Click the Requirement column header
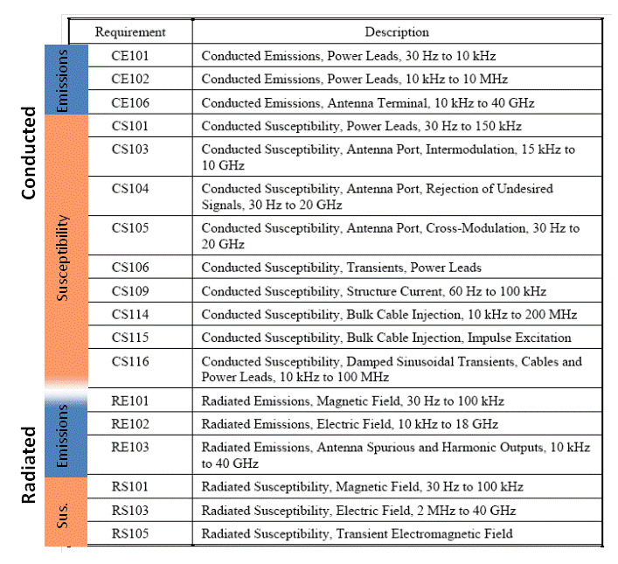[x=130, y=32]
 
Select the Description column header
[x=397, y=32]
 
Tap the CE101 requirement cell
[x=130, y=56]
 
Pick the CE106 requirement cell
[x=130, y=102]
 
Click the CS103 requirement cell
[x=130, y=150]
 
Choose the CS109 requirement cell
[x=130, y=291]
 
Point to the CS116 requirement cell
[x=130, y=361]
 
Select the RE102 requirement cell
[x=130, y=424]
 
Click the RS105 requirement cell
[x=130, y=533]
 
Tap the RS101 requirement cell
[x=130, y=487]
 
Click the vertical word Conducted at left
[x=28, y=153]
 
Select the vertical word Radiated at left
[x=28, y=464]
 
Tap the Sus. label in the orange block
[x=64, y=512]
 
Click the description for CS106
[x=341, y=268]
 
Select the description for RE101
[x=352, y=401]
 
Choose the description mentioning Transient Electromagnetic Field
[x=357, y=533]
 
